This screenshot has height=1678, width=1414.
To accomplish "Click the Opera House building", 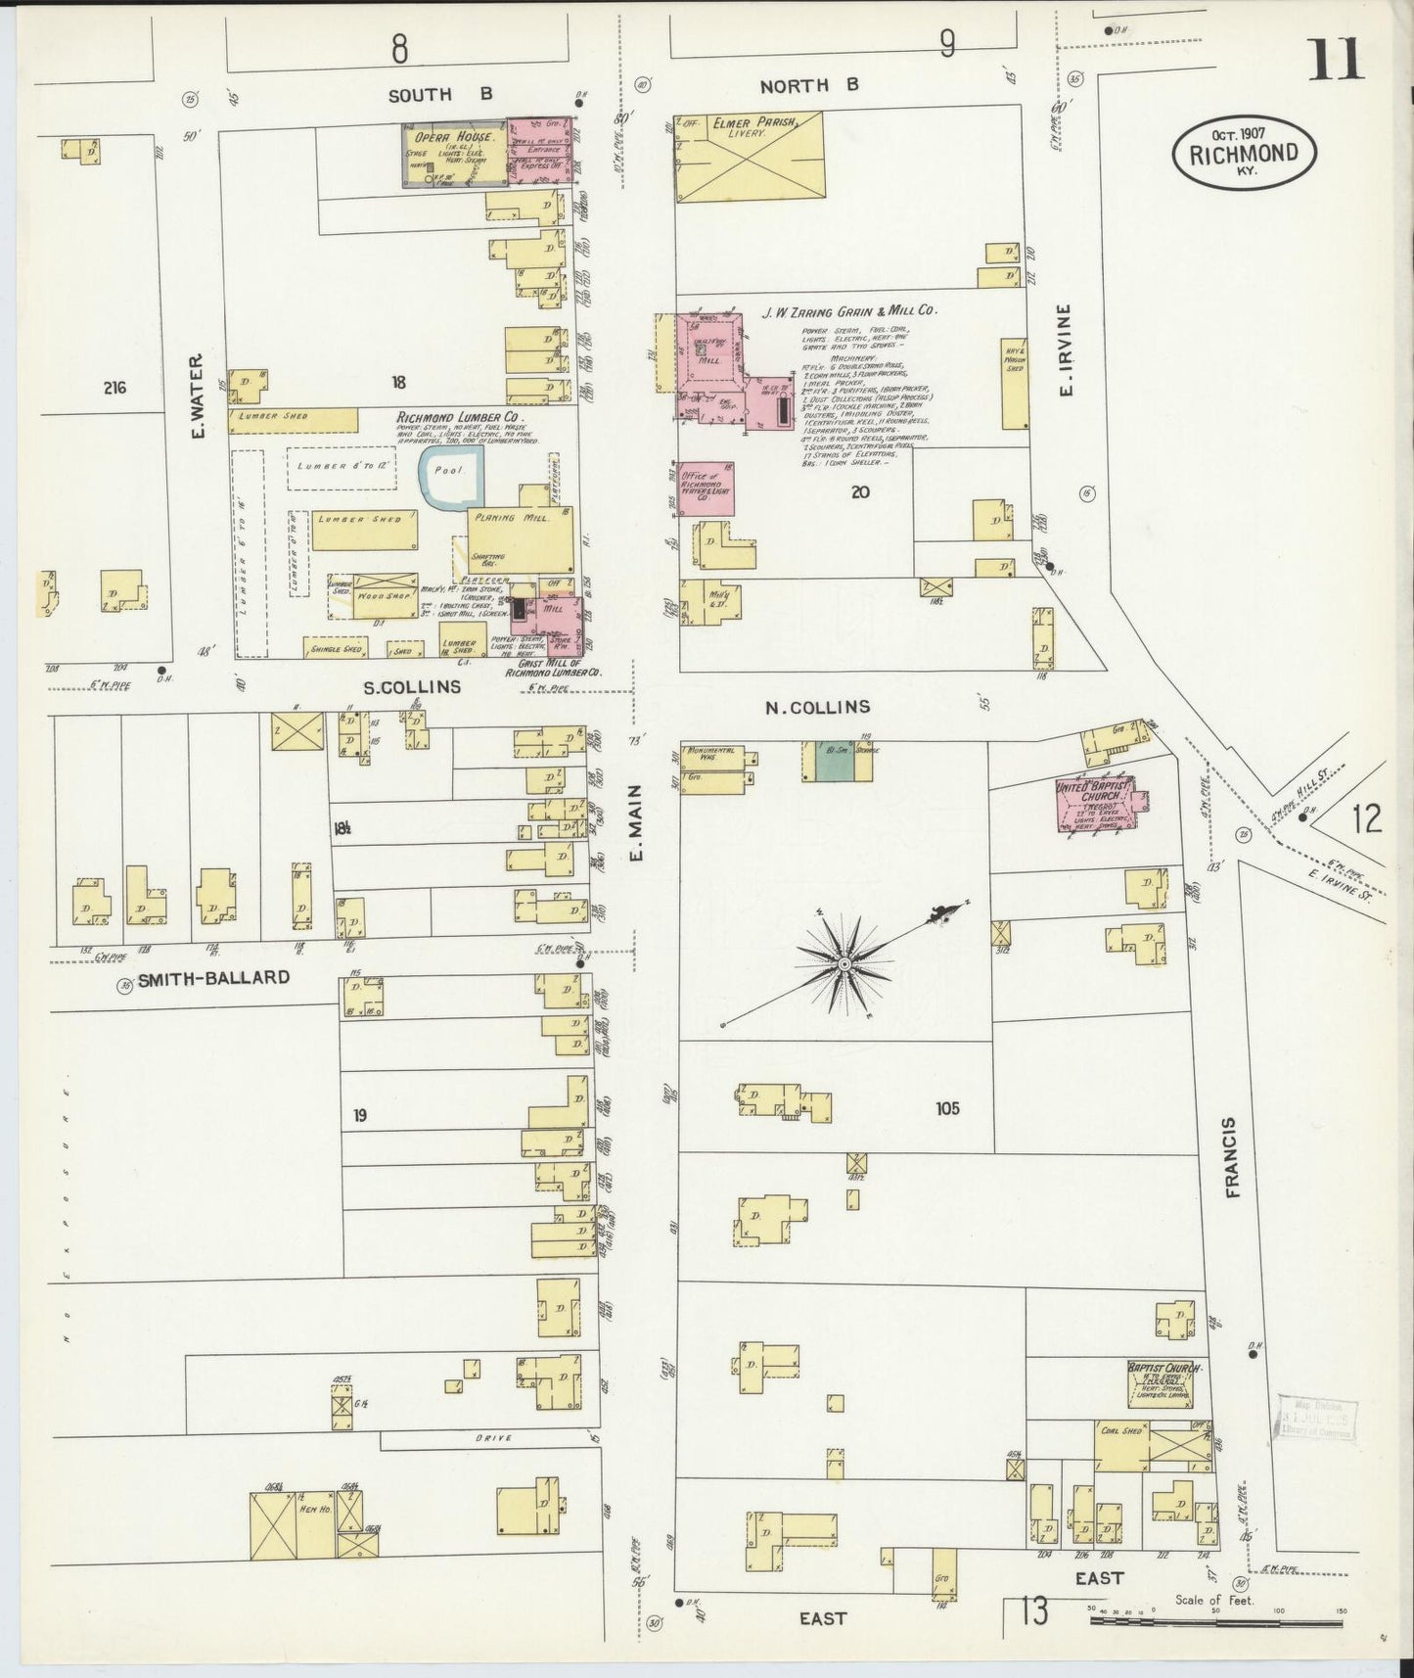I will [456, 155].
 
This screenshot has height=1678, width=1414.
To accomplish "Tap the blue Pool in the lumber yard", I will [451, 478].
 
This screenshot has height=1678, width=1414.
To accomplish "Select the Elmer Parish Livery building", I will [749, 157].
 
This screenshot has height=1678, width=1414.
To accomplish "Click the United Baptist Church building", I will [1093, 804].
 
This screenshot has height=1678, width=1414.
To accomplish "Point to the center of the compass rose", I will [844, 964].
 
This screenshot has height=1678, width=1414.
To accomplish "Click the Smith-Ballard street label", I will [213, 977].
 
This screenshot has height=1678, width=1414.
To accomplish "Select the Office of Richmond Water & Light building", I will [707, 486].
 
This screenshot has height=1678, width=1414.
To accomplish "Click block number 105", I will [946, 1108].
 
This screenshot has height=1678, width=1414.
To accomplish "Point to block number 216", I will [114, 388].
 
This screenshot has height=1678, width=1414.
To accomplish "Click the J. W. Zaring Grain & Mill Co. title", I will [848, 310].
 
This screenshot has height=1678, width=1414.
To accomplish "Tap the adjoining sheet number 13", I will [1033, 1609].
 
